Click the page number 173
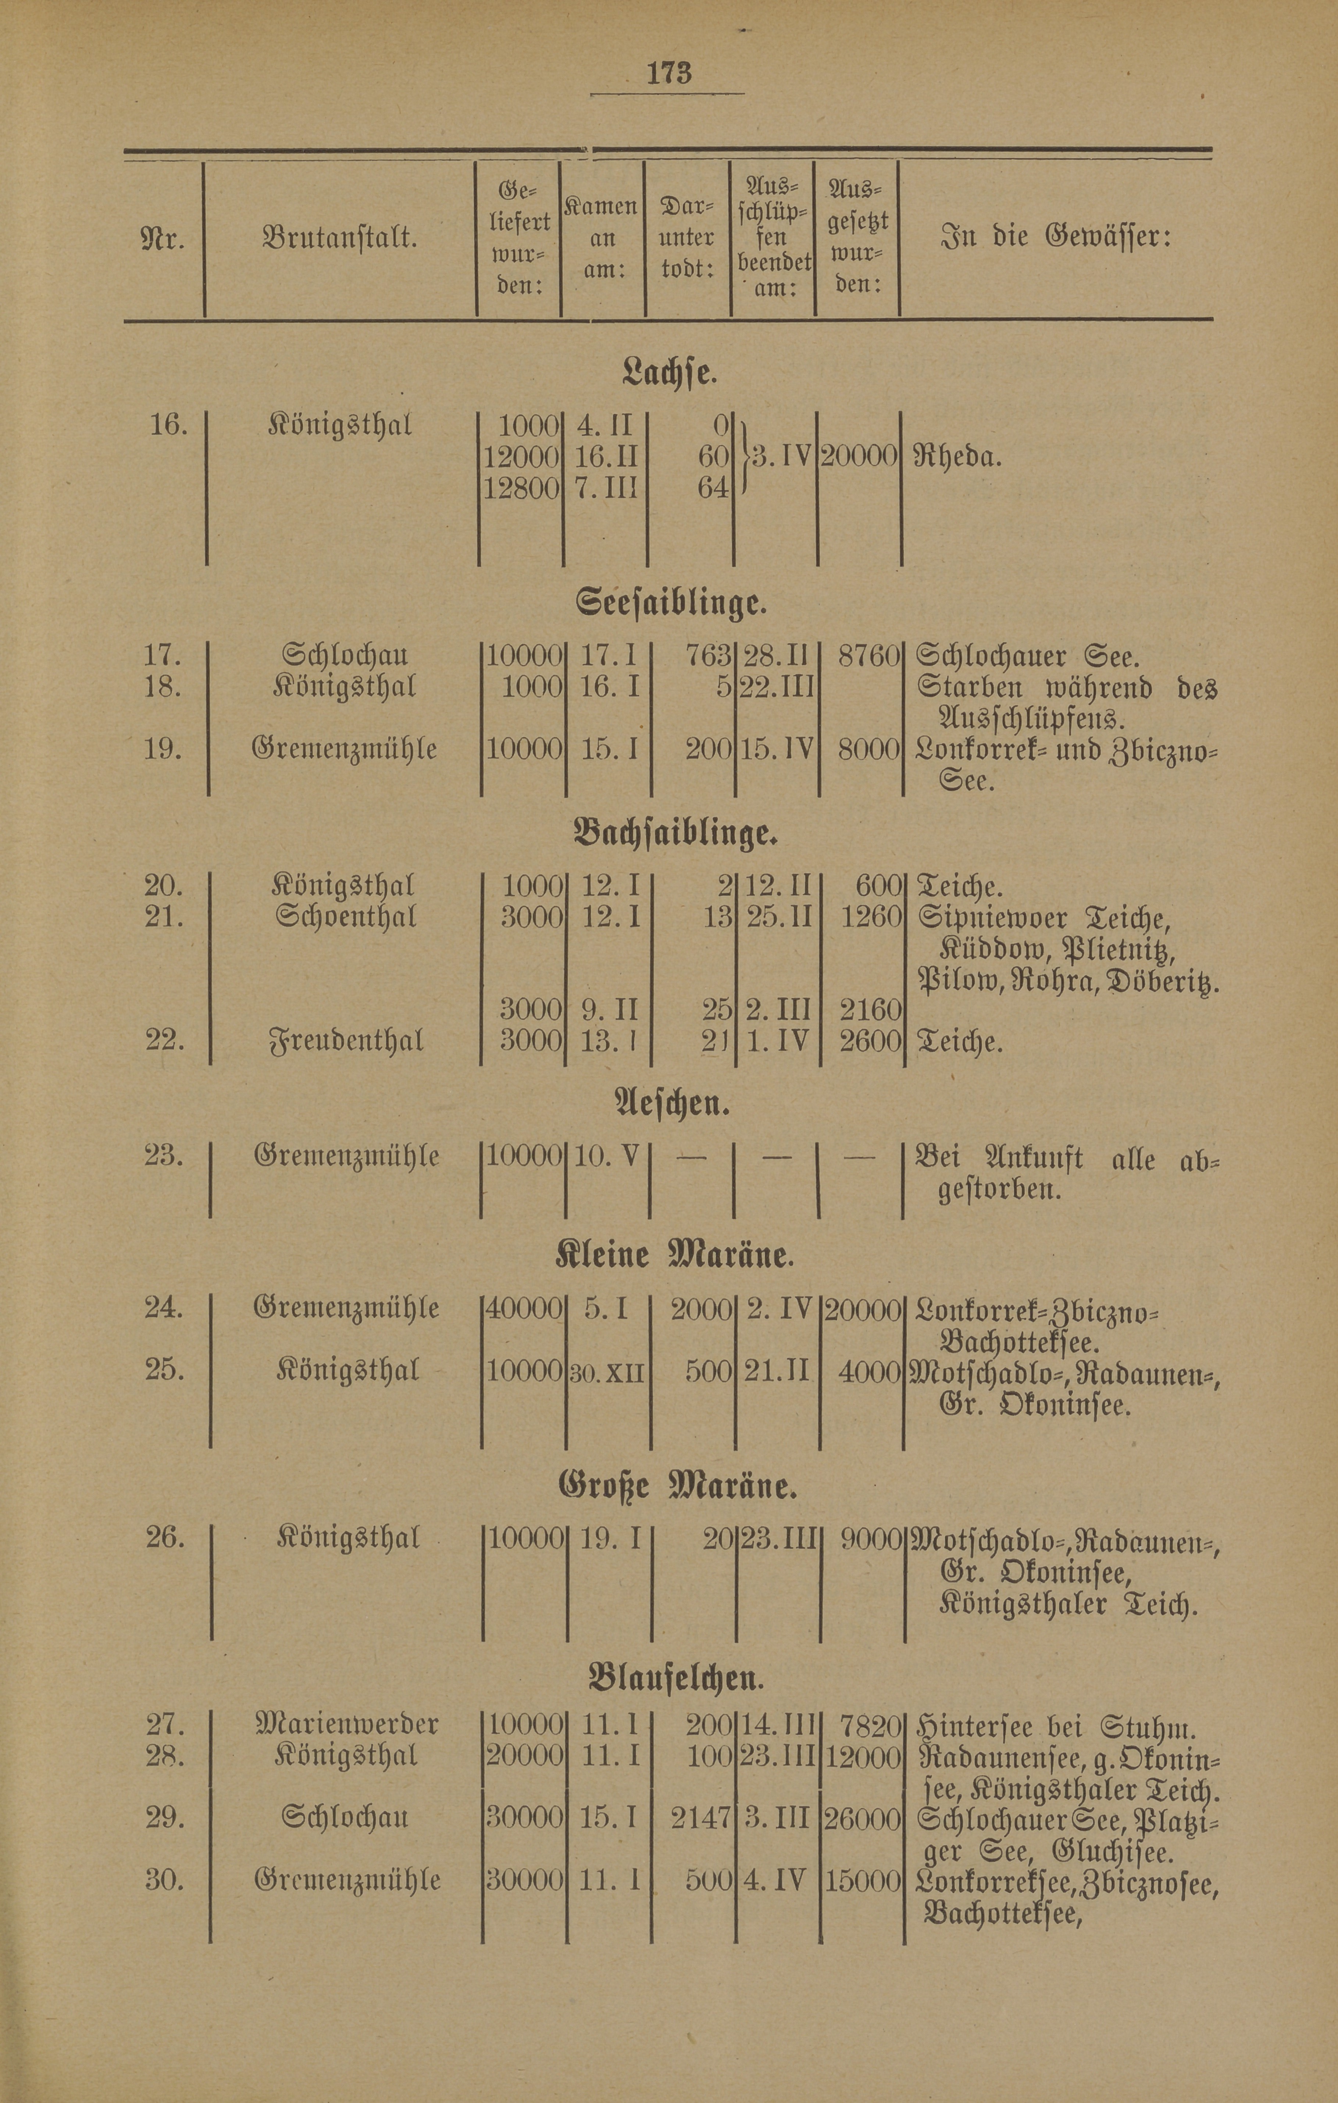point(668,72)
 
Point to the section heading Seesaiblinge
point(671,602)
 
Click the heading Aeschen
point(671,1105)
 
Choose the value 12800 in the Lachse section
point(521,487)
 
